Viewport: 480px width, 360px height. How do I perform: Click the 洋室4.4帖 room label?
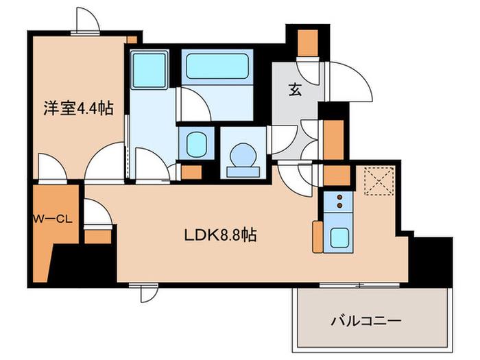(x=78, y=108)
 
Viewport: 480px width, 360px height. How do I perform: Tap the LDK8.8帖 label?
(x=220, y=235)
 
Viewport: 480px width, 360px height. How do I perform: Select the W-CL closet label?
(x=53, y=219)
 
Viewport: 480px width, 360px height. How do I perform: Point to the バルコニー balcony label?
(x=366, y=321)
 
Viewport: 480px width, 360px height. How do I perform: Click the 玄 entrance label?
(x=295, y=90)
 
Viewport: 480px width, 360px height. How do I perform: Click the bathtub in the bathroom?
(x=217, y=66)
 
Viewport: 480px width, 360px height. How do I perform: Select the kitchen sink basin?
(x=339, y=238)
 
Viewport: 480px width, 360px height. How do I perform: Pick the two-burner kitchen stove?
(x=339, y=202)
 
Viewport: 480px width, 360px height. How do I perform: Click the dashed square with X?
(x=379, y=181)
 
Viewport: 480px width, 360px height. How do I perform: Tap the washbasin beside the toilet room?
(x=196, y=143)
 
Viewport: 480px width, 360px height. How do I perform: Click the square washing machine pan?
(x=149, y=70)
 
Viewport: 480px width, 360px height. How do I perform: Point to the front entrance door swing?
(x=349, y=81)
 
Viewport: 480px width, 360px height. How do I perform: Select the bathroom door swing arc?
(x=193, y=104)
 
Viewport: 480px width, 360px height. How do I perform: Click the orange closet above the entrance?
(x=308, y=43)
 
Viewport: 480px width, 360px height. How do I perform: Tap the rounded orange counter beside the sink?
(x=317, y=237)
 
